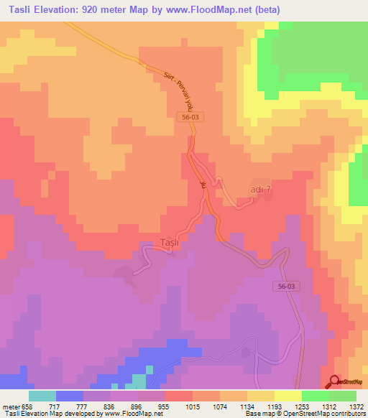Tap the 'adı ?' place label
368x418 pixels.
(259, 190)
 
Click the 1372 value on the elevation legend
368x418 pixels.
(357, 407)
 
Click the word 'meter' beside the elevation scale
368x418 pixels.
(11, 407)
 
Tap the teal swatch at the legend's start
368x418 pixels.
(42, 396)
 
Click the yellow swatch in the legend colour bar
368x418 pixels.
(287, 396)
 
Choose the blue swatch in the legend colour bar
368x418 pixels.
(70, 396)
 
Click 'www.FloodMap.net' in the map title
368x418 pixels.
(213, 10)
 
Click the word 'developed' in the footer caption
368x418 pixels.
(79, 414)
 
